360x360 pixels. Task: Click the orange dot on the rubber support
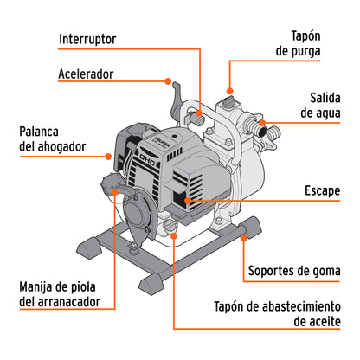click(246, 233)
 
